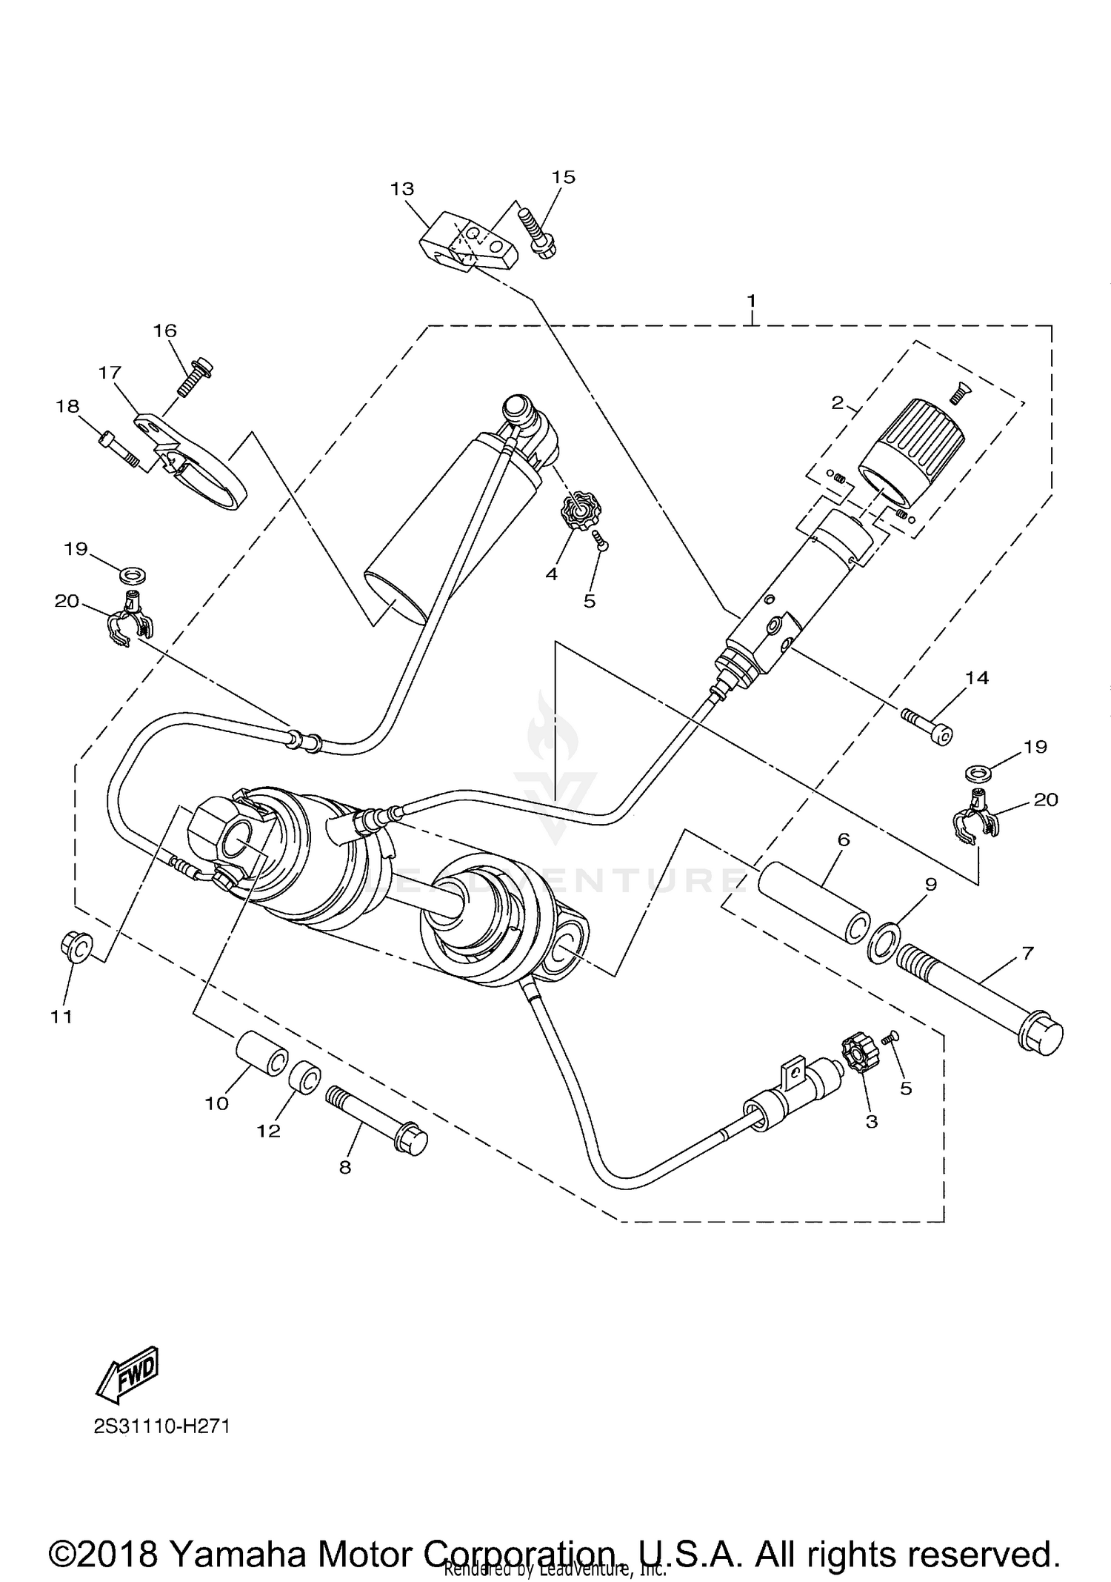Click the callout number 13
coord(402,189)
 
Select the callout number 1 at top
coord(751,301)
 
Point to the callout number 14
coord(976,678)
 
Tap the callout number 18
coord(69,406)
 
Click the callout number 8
coord(344,1167)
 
